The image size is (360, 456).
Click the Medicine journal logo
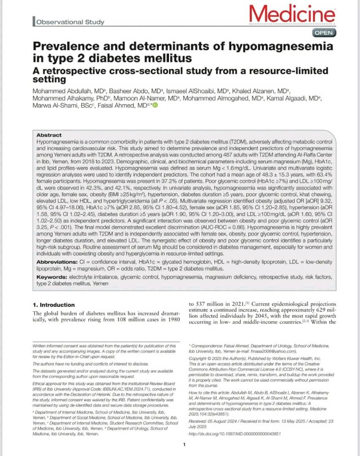coord(292,15)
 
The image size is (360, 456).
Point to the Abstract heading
coord(49,135)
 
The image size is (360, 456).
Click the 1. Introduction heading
coord(54,305)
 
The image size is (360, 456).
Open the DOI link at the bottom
coord(234,434)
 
